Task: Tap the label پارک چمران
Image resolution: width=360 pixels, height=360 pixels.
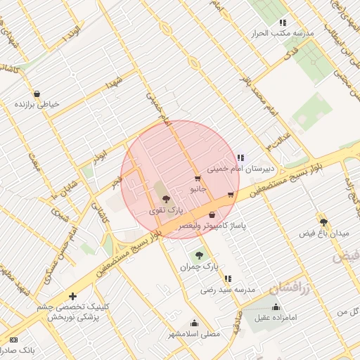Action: click(x=195, y=267)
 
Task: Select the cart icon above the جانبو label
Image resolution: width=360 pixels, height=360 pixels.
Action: click(x=197, y=179)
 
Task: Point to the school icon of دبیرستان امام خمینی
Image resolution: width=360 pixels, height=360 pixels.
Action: click(x=240, y=157)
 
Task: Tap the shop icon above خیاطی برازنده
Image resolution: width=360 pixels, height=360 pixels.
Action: click(x=36, y=94)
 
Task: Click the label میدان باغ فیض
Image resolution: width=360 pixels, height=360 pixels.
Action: click(x=323, y=233)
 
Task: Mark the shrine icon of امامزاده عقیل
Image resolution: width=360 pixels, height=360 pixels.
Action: click(x=276, y=307)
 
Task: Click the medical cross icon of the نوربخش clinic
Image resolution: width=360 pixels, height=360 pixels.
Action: click(x=72, y=296)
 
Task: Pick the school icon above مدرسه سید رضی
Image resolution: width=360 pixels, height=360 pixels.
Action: click(x=227, y=278)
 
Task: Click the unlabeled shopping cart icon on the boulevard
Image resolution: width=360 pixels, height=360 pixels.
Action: click(x=231, y=195)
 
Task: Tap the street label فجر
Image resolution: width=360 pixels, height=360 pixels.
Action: click(x=117, y=183)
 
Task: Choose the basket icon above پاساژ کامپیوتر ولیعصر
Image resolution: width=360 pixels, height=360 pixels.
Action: click(x=212, y=215)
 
